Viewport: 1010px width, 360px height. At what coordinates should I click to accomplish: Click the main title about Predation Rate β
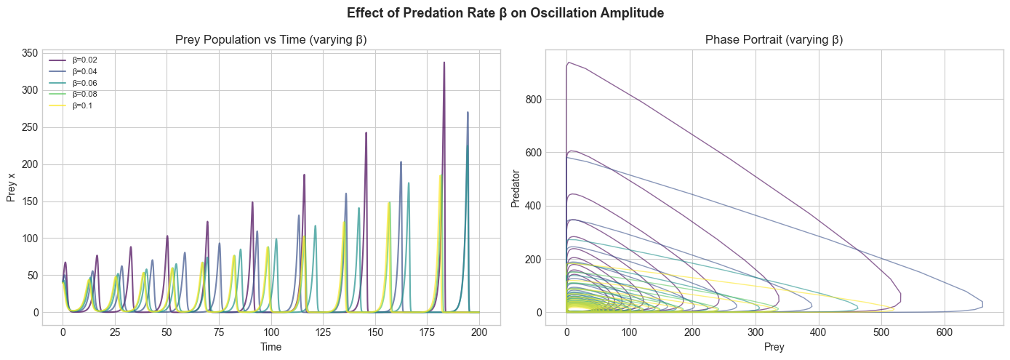[x=505, y=13]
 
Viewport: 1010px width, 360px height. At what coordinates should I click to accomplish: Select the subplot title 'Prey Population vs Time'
[x=270, y=39]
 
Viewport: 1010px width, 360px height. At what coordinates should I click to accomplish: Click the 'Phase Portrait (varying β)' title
[x=774, y=39]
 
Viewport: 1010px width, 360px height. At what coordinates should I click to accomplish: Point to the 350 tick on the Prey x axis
[x=30, y=53]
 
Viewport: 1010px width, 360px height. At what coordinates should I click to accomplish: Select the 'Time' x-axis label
[x=270, y=348]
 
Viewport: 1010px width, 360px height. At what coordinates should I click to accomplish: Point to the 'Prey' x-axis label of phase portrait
[x=774, y=348]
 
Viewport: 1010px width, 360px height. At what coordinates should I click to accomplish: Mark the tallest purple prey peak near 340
[x=444, y=63]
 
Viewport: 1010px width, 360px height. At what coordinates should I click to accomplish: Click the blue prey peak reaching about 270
[x=468, y=113]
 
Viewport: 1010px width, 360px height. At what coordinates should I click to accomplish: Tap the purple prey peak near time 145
[x=366, y=133]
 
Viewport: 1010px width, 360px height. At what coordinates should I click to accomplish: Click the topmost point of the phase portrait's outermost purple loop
[x=568, y=63]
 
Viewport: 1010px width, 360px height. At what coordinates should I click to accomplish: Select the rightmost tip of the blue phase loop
[x=982, y=302]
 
